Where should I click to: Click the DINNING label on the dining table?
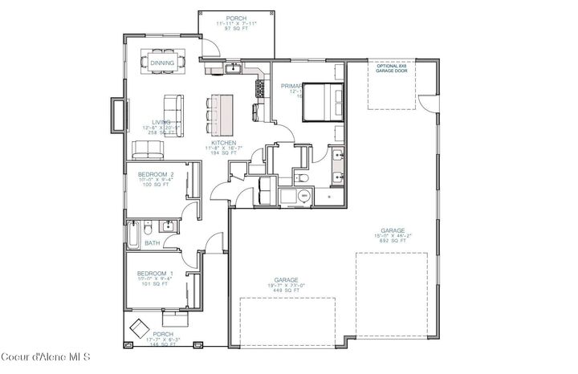tap(162, 63)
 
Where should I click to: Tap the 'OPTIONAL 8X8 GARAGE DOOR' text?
tap(391, 70)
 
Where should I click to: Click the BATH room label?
tap(152, 242)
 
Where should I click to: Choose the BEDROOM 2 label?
tap(156, 173)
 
